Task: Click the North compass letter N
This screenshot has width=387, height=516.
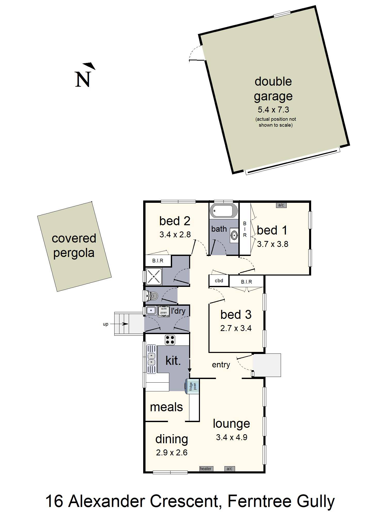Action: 83,79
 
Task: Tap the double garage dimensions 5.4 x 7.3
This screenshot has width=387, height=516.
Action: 273,110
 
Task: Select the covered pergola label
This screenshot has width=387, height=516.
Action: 74,245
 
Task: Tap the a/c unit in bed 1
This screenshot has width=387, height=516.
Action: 281,205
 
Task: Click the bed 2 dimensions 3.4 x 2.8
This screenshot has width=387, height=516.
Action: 175,235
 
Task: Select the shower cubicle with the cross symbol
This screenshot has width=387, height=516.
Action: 154,276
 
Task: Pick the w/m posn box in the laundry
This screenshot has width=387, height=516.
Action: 164,311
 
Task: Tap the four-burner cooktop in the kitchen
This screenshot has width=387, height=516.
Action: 170,340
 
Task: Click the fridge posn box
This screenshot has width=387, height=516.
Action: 193,386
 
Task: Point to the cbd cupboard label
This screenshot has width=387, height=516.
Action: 219,280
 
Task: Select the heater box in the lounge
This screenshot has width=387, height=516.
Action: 206,469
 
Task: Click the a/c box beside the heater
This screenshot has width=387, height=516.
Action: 229,469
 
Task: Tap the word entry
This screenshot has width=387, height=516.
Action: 221,365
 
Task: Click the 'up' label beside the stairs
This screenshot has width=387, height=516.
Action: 106,324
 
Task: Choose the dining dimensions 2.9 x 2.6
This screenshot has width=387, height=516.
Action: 172,453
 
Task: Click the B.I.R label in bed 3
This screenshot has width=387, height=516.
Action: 246,282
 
